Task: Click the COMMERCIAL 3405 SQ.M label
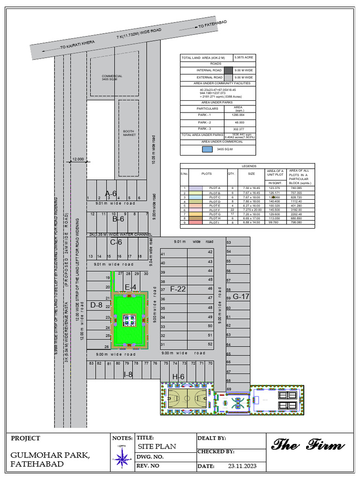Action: (112, 78)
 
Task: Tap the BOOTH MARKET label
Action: (129, 133)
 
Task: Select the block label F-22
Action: (178, 289)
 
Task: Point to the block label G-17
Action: (241, 296)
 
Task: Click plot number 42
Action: (210, 252)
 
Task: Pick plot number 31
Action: (163, 345)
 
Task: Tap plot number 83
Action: (91, 363)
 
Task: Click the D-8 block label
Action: (96, 305)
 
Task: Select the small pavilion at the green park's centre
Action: (129, 320)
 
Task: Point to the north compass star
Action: (122, 457)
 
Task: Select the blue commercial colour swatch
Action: (207, 150)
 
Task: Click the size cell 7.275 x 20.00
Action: (252, 210)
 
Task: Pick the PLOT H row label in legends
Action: (215, 218)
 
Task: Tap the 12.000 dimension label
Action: (78, 159)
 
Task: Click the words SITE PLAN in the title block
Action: (157, 446)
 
